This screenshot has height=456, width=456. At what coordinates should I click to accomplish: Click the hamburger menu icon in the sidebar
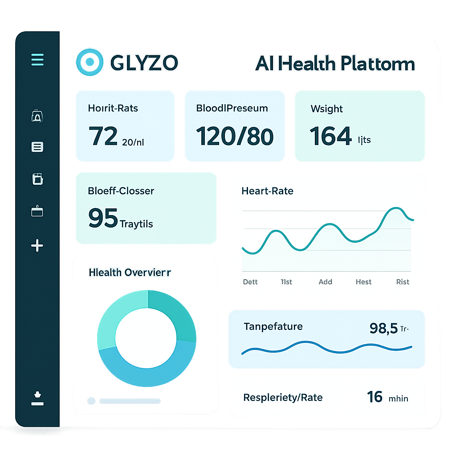tap(37, 59)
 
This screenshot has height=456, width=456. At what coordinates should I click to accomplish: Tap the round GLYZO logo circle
tap(90, 62)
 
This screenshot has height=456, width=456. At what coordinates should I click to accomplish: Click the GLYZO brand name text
tap(143, 63)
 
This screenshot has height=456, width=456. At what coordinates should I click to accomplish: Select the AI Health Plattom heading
tap(335, 64)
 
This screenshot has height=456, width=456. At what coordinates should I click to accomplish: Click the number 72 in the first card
tap(103, 136)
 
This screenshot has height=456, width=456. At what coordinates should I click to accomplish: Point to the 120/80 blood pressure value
tap(235, 136)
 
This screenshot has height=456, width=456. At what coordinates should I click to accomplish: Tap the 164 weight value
tap(330, 136)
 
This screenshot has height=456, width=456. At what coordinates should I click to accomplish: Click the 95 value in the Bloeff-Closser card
tap(103, 218)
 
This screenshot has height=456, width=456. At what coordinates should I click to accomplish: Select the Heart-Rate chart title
tap(267, 191)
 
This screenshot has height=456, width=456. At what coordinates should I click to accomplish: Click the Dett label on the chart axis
tap(250, 282)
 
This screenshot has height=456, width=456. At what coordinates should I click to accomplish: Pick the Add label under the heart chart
tap(326, 282)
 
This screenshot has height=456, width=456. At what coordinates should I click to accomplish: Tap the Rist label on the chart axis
tap(403, 282)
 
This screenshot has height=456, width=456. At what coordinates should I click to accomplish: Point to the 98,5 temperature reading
tap(383, 328)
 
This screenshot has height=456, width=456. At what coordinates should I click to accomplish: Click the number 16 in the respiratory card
tap(375, 397)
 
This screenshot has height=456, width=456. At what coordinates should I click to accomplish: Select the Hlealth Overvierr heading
tap(130, 272)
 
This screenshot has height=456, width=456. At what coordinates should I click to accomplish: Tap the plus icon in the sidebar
tap(37, 245)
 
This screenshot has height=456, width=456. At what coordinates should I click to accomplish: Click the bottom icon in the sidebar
tap(37, 398)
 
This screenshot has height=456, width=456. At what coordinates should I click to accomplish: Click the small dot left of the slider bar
tap(91, 401)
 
